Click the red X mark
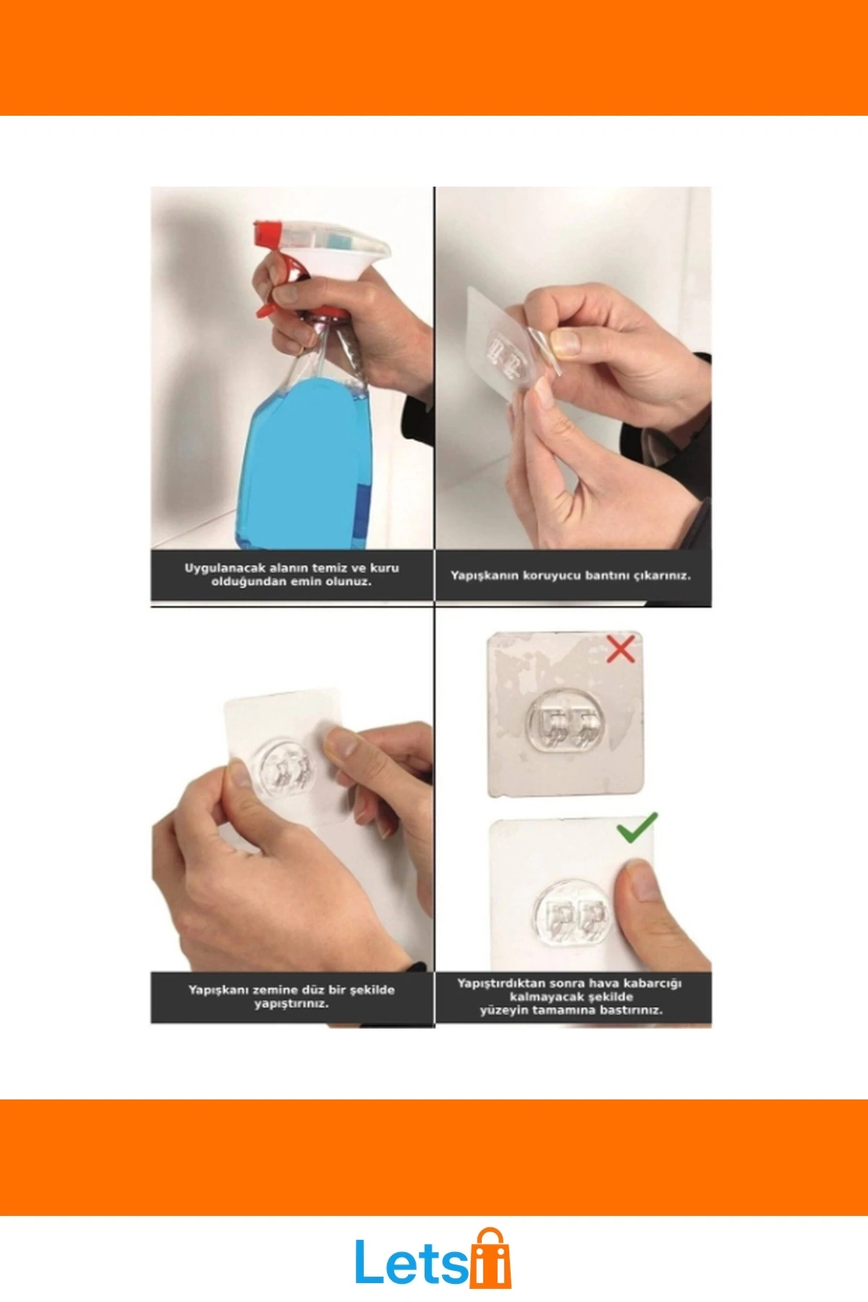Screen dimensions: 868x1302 [621, 648]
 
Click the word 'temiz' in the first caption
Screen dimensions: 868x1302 [329, 568]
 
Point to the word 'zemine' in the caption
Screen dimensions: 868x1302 [276, 990]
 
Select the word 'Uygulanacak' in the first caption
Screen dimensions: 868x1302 [225, 569]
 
